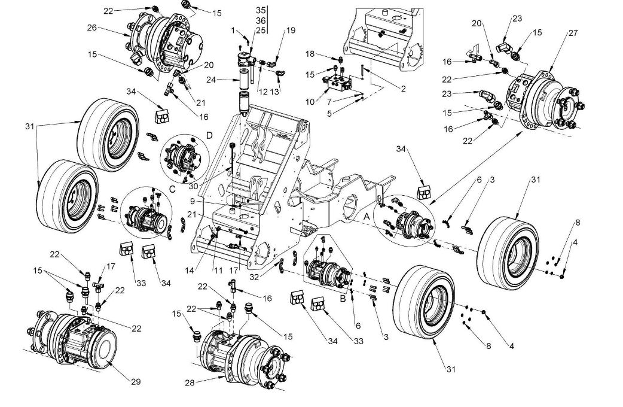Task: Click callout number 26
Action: click(x=91, y=28)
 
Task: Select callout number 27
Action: click(x=573, y=34)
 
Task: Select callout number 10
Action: click(x=310, y=102)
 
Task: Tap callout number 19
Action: click(x=291, y=30)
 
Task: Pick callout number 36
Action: click(x=260, y=20)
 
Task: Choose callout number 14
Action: click(x=190, y=271)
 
